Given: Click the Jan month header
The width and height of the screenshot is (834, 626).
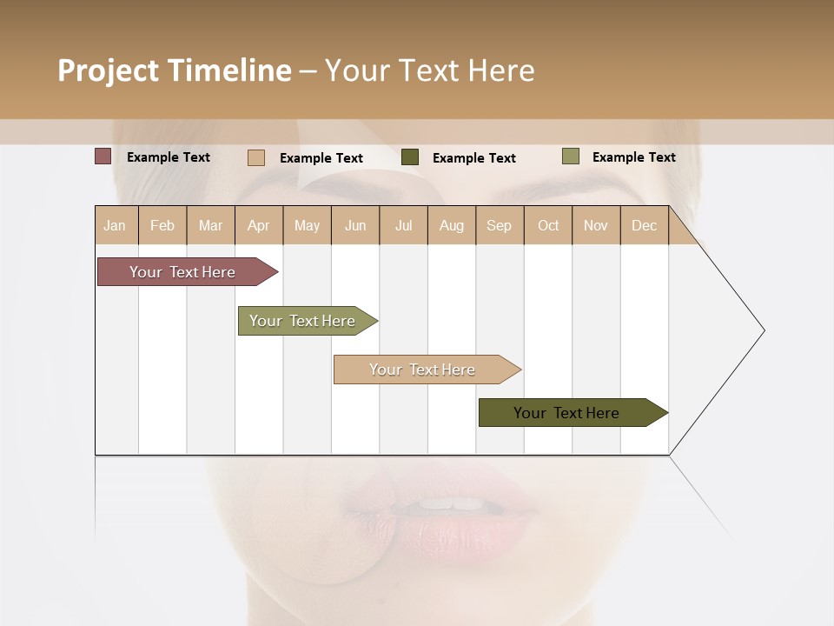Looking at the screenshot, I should coord(116,225).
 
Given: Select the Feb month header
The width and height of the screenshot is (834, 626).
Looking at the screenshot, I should coord(162,225).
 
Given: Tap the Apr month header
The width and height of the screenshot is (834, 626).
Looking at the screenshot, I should coord(259,225).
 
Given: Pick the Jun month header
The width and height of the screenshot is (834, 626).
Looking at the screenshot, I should coord(355,225).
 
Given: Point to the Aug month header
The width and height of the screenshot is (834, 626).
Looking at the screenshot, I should coord(452,225).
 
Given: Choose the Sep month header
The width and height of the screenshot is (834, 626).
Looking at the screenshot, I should coord(500,225).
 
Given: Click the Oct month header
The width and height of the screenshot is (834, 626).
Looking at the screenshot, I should coord(548,225).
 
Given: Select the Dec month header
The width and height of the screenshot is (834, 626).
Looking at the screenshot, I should coord(645,225).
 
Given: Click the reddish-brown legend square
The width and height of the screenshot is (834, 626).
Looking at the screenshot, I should coord(103,156).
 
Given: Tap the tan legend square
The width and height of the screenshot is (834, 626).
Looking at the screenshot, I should coord(256,157).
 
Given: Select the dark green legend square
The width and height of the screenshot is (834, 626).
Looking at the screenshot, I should coord(410,157).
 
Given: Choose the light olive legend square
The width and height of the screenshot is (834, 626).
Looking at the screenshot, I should coord(571,156).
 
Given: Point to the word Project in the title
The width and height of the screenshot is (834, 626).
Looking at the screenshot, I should coord(109,70).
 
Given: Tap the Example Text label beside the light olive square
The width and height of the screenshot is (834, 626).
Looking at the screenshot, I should coord(633,157).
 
